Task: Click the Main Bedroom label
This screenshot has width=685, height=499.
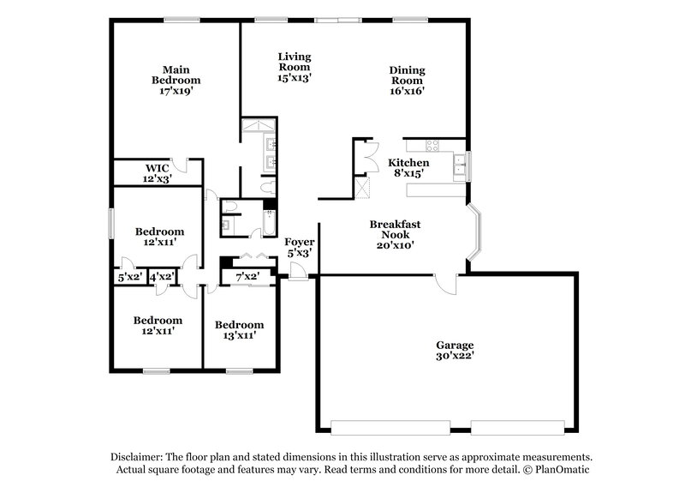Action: click(176, 79)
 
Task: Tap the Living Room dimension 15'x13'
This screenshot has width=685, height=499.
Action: click(294, 77)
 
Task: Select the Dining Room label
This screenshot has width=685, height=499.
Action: click(408, 79)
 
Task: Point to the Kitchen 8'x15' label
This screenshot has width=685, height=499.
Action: click(408, 168)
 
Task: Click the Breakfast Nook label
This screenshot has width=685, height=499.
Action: click(395, 233)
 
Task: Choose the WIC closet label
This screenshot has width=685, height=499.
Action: click(157, 173)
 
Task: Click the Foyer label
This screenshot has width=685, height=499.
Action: click(298, 248)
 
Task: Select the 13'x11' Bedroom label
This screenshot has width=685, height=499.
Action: click(239, 330)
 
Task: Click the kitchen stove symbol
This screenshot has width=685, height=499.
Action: click(422, 144)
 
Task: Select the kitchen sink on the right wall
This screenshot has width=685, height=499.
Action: click(461, 164)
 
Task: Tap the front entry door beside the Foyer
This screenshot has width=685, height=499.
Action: click(297, 273)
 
